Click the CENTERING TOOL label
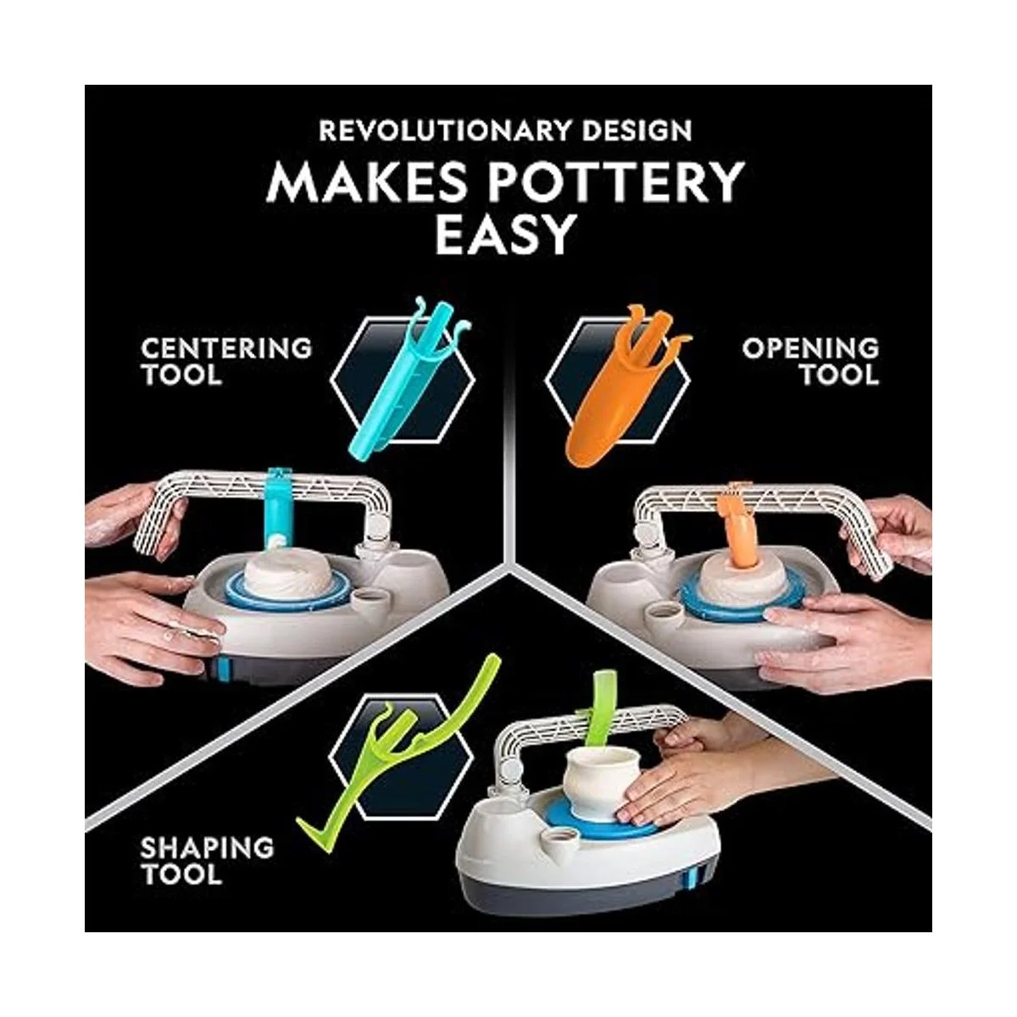pyautogui.click(x=226, y=362)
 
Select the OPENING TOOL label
pyautogui.click(x=811, y=362)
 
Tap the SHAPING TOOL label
pyautogui.click(x=207, y=861)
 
